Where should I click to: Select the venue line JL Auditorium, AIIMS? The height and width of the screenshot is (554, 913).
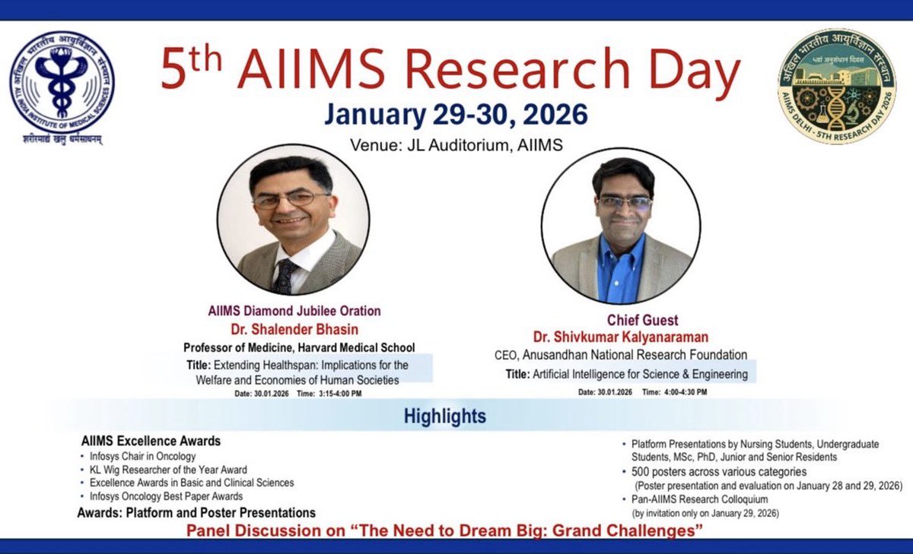pos(456,145)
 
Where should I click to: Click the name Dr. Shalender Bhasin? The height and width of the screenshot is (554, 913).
pos(294,329)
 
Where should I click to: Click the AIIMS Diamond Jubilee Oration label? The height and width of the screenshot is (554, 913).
pos(294,311)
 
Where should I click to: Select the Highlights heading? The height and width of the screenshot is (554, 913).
pos(445,416)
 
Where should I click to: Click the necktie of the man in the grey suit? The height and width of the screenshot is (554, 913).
pos(285,276)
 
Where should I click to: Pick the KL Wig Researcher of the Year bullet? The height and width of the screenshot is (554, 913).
pos(167,470)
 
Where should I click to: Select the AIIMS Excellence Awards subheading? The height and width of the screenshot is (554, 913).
pos(151,441)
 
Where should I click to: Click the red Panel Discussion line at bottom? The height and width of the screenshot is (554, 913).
pos(445,530)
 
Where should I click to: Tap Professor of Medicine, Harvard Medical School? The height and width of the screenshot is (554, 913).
pos(299,347)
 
